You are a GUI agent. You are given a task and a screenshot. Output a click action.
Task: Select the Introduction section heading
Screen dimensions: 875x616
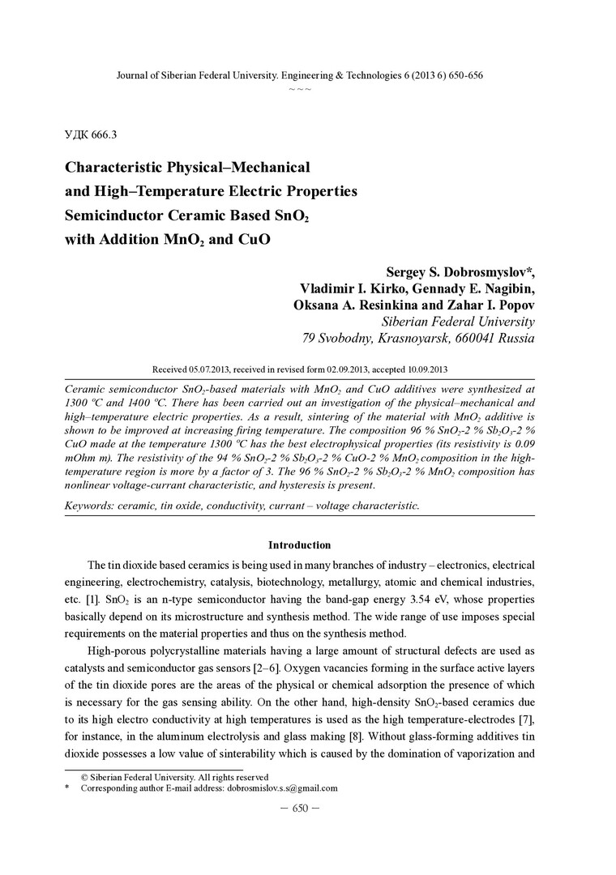[299, 545]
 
